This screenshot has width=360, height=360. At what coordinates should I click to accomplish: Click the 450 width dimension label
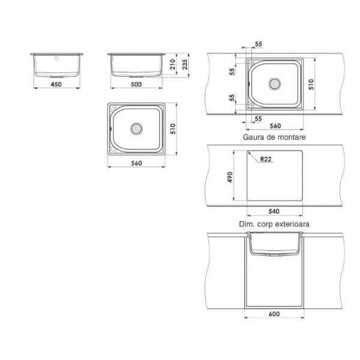(x=56, y=84)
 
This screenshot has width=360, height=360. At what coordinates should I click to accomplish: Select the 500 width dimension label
(x=136, y=84)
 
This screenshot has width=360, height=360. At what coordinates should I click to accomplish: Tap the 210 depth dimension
(x=173, y=64)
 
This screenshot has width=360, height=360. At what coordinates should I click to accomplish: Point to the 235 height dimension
(x=185, y=64)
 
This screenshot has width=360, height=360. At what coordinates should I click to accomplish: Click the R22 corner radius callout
(x=266, y=159)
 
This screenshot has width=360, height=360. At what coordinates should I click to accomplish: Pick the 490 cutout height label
(x=230, y=177)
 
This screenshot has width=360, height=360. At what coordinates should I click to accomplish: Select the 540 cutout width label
(x=274, y=211)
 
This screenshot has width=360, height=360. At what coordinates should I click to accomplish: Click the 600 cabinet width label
(x=274, y=314)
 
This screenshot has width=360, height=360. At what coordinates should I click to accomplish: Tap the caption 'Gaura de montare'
(x=274, y=137)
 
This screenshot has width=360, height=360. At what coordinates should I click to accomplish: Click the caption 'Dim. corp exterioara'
(x=274, y=224)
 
